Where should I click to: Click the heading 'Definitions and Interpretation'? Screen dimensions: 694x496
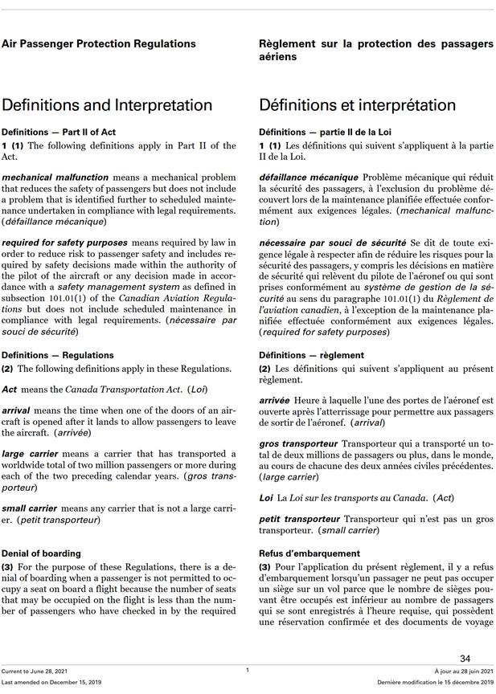point(107,105)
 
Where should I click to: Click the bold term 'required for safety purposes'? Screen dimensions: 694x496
point(64,243)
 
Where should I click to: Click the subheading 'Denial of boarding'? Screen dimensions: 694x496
point(41,553)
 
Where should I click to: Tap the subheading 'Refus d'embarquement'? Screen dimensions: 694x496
point(308,553)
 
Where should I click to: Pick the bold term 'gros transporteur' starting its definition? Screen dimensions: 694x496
point(298,443)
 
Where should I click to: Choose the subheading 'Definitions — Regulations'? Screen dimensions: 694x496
point(58,355)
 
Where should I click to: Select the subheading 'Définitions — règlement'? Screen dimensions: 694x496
point(312,355)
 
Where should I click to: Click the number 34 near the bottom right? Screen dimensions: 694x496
point(465,659)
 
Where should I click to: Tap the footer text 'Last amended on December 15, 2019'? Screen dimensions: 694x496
point(51,682)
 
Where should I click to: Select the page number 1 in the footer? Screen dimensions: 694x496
point(248,670)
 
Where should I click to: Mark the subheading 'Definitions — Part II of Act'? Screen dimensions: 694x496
point(59,132)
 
